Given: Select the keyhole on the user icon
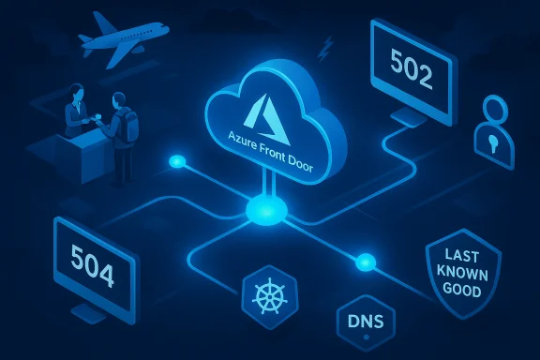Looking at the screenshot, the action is [497, 142].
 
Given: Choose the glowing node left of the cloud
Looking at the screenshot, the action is [174, 162].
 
